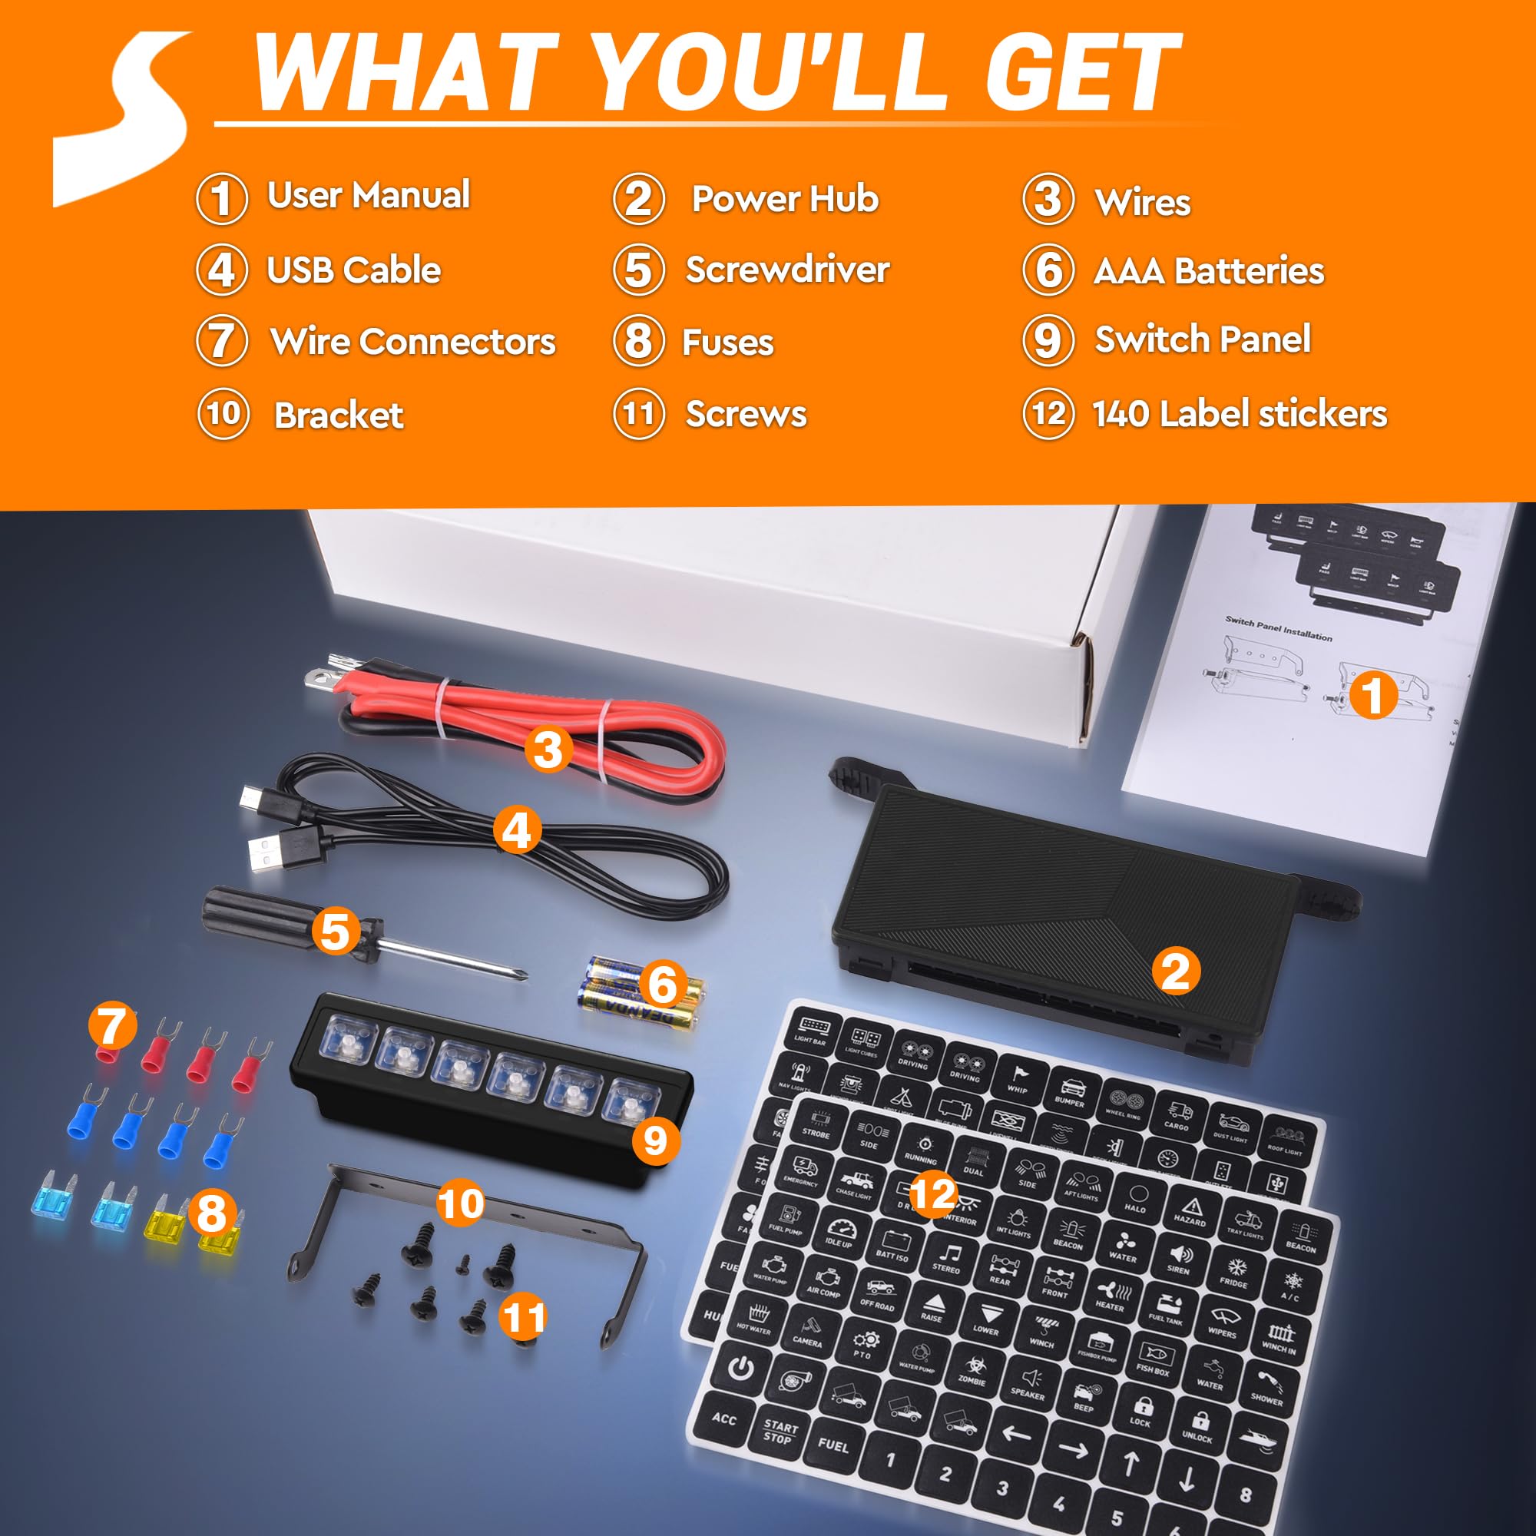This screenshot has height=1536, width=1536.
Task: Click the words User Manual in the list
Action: click(368, 196)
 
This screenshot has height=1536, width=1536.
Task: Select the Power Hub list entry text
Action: click(785, 199)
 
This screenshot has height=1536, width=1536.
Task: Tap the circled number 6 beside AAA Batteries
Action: click(1048, 270)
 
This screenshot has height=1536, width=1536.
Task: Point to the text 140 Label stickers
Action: click(1240, 414)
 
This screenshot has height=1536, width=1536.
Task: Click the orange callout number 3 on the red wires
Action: click(548, 749)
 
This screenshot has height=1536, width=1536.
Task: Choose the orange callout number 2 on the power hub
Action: click(1175, 972)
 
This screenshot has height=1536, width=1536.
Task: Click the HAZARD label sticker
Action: click(1190, 1213)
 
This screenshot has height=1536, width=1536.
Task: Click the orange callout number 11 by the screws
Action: click(522, 1318)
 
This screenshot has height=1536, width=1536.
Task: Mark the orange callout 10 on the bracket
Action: click(460, 1203)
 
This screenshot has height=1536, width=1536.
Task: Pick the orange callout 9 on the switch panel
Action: click(655, 1141)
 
